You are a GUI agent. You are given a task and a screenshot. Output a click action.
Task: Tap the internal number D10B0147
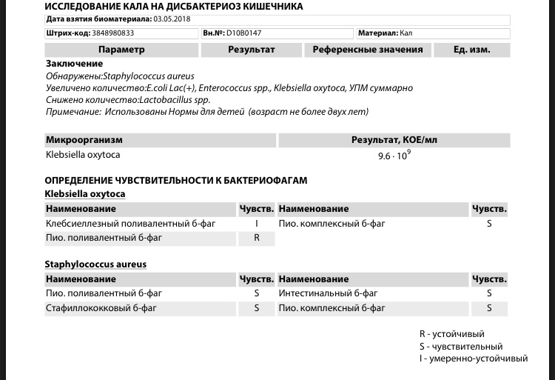[248, 33]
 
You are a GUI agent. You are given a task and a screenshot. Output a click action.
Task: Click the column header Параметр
[121, 50]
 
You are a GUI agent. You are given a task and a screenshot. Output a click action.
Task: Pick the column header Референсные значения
[368, 50]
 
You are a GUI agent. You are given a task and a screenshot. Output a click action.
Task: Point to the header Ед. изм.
[472, 50]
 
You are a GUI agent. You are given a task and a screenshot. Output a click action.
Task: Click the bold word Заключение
[74, 64]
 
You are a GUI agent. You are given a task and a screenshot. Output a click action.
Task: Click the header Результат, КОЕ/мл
[394, 140]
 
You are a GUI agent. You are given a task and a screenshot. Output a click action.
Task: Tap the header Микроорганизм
[84, 140]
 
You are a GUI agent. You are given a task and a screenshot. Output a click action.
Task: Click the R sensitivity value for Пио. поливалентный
[257, 239]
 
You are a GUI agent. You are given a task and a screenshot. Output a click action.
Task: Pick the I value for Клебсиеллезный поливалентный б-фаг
[257, 224]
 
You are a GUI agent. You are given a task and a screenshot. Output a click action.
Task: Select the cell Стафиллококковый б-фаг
[104, 308]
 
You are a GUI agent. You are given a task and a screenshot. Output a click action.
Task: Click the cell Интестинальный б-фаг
[321, 293]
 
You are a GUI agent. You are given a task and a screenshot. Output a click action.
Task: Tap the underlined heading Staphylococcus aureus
[95, 264]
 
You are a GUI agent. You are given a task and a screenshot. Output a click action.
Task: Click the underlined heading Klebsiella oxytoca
[85, 194]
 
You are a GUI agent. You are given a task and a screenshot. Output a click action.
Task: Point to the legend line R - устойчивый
[451, 334]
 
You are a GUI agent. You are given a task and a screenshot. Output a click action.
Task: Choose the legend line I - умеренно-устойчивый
[474, 359]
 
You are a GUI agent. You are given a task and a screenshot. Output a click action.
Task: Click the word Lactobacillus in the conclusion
[166, 100]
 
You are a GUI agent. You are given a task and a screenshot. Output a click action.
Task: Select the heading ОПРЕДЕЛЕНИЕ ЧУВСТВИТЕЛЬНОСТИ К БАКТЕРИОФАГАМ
[175, 180]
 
